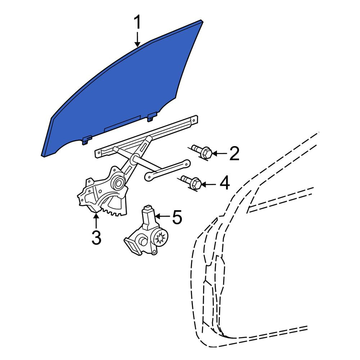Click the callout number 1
(x=137, y=22)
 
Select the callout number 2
(x=234, y=153)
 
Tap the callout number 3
(x=96, y=238)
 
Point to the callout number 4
(x=225, y=183)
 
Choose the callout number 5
(x=177, y=217)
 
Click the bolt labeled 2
(x=202, y=152)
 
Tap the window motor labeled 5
(x=146, y=232)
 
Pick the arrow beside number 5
(x=163, y=216)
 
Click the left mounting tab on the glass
(x=87, y=140)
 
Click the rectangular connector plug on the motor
(x=132, y=246)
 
